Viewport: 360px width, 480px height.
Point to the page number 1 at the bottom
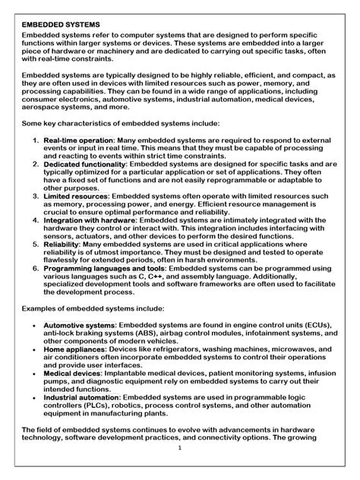[180, 469]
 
